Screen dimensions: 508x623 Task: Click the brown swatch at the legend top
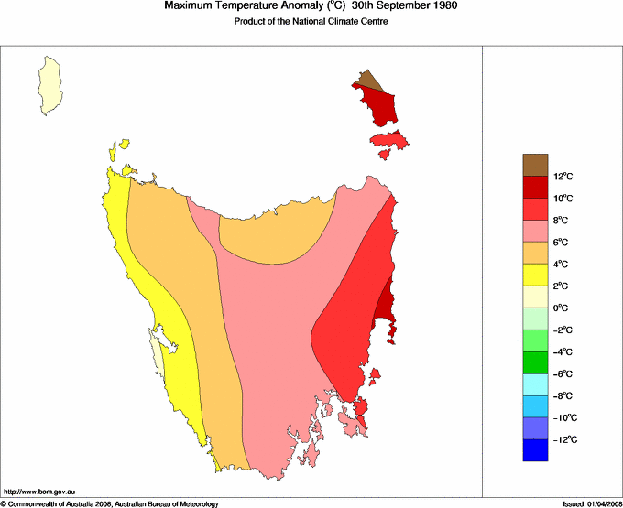pos(536,165)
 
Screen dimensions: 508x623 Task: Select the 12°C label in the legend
pos(562,177)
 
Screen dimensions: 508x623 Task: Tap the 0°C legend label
pos(562,308)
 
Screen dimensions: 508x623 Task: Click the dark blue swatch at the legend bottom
pos(536,450)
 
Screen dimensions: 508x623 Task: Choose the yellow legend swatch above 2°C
pos(536,275)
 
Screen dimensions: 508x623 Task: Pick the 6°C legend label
pos(562,243)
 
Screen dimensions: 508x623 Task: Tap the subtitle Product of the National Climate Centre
pos(311,21)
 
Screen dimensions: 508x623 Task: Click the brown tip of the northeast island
pos(367,81)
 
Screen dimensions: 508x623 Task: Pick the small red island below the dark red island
pos(389,142)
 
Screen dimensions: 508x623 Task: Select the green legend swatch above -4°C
pos(536,340)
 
